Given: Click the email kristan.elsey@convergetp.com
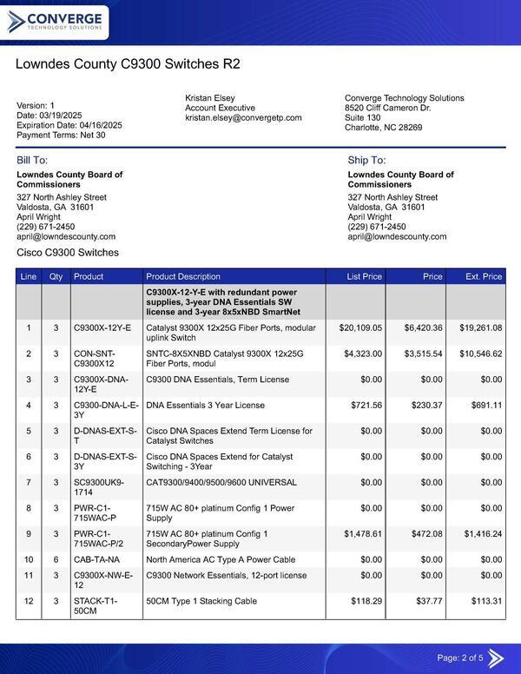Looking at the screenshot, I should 243,117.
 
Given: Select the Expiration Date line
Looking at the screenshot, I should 69,125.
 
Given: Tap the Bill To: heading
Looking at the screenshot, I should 32,161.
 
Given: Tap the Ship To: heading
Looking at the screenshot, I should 366,161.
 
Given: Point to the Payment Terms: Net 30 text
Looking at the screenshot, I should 61,135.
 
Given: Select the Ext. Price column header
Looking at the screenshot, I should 484,277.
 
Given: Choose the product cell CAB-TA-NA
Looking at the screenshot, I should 96,559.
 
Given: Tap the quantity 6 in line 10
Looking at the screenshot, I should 56,559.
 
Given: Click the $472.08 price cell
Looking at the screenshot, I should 424,533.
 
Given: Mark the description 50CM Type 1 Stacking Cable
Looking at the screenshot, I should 201,601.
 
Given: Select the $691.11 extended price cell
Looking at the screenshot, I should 484,405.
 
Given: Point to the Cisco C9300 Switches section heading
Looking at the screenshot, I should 68,253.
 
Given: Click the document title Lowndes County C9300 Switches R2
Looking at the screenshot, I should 128,64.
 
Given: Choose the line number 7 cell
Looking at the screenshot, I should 29,482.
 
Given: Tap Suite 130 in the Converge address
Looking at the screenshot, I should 362,117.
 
